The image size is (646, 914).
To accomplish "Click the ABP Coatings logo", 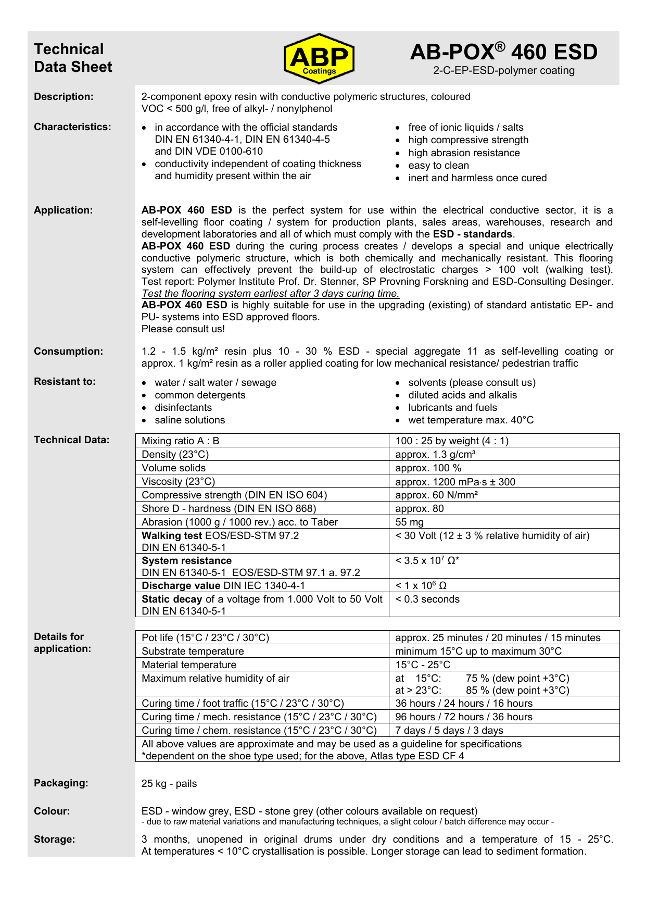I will click(319, 58).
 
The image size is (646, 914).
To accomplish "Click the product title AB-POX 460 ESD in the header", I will click(503, 52).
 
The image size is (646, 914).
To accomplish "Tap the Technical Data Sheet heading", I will click(73, 58).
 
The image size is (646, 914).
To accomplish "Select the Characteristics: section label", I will click(72, 127).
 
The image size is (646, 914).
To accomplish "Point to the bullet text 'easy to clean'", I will click(438, 166).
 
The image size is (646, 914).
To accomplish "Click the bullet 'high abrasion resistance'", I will click(464, 153).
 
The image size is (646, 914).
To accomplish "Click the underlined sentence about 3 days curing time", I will click(270, 293).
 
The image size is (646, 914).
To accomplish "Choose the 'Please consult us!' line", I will click(183, 329).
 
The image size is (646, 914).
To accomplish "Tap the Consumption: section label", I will click(69, 352).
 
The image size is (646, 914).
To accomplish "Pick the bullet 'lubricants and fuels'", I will click(452, 408).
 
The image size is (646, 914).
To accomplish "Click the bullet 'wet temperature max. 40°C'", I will click(471, 420).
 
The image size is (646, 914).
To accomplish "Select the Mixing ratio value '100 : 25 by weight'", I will click(452, 441).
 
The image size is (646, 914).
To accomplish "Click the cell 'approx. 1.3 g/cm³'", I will click(435, 455).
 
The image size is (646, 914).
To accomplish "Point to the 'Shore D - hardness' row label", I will click(229, 509).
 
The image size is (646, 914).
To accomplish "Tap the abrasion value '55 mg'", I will click(410, 522).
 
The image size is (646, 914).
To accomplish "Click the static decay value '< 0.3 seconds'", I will click(427, 599).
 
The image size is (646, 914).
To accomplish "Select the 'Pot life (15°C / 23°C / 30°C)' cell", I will click(205, 638).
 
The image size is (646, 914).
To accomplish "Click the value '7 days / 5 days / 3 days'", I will click(449, 731).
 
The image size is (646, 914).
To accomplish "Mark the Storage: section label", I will click(55, 840).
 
